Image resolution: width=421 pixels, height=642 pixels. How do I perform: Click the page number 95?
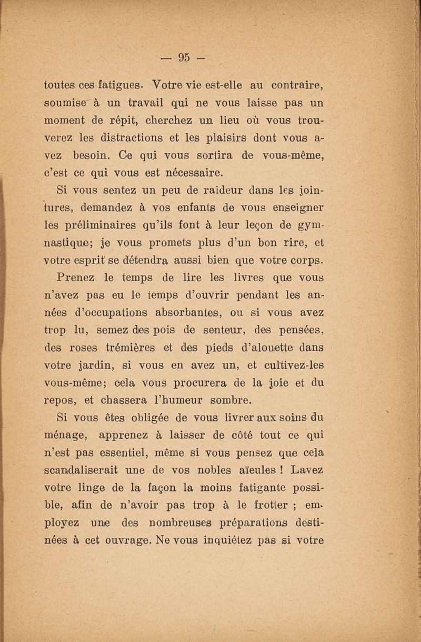[183, 56]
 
